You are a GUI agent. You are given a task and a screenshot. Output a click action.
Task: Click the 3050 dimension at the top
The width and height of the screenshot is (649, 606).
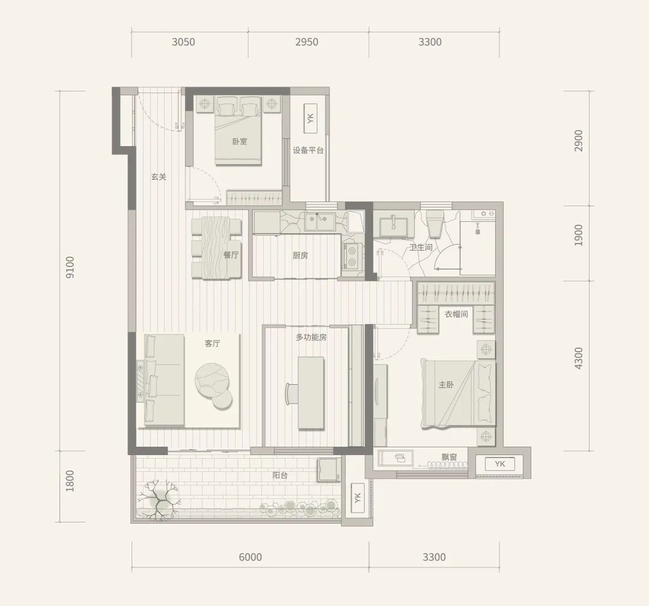[183, 42]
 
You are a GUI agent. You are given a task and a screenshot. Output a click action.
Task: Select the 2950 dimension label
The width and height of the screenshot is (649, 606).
[306, 42]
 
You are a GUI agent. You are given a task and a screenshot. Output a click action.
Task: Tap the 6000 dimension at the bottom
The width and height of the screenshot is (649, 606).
[251, 557]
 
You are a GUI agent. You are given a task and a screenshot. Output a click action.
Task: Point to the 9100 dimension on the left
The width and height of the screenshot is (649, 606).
[70, 267]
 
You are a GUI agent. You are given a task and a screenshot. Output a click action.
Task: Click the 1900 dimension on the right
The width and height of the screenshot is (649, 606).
[578, 235]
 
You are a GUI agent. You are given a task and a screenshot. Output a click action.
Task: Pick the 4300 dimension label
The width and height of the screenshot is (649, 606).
[578, 358]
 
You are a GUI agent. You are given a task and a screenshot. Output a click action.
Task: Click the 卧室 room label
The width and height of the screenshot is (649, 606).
[240, 142]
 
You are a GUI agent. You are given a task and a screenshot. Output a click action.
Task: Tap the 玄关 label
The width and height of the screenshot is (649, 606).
[159, 177]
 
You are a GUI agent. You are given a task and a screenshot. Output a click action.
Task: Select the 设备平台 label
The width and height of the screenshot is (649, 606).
[308, 150]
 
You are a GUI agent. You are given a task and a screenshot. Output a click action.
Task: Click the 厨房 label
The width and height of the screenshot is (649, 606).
[300, 256]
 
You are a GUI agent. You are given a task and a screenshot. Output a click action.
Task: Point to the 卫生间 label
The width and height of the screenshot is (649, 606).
[421, 247]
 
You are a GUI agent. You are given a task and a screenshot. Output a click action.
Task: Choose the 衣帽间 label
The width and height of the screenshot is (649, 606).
[456, 314]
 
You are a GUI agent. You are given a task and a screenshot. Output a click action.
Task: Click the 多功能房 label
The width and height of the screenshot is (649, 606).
[311, 338]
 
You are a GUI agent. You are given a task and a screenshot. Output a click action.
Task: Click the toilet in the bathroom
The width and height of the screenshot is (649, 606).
[434, 224]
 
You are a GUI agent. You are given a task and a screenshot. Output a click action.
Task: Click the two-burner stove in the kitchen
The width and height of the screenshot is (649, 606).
[352, 257]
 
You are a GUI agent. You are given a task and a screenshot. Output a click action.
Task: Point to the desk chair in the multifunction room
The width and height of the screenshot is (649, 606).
[292, 394]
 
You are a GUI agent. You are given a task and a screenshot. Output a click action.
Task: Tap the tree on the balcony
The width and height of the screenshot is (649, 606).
[158, 500]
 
